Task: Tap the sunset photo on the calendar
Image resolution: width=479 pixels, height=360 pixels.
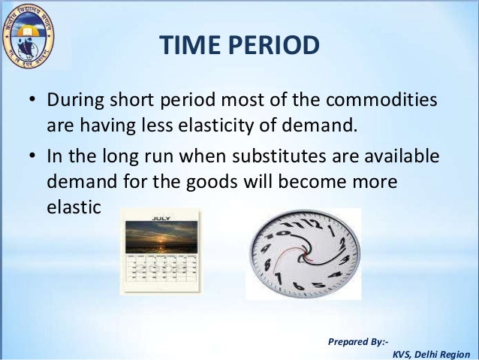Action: pos(161,237)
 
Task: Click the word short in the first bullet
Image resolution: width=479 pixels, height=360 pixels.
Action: pos(139,101)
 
